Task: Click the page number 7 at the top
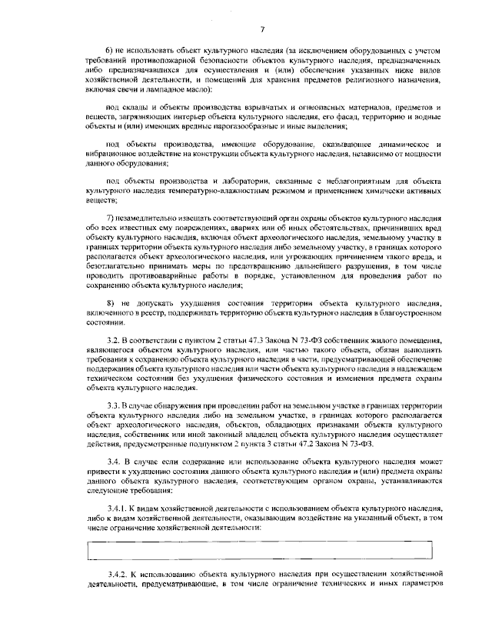click(262, 29)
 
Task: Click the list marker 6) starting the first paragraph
click(110, 50)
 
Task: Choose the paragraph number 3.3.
click(114, 405)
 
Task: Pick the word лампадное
click(155, 88)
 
